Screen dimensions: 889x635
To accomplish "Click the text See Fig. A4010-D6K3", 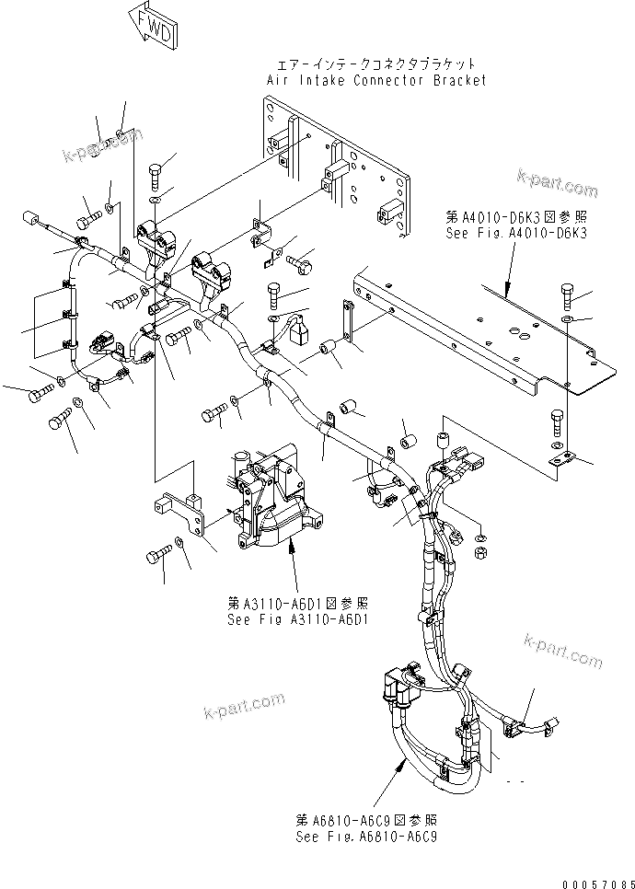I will coord(515,234).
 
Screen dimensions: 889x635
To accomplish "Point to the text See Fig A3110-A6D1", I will coord(298,619).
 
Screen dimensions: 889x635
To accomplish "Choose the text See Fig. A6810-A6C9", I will coord(366,837).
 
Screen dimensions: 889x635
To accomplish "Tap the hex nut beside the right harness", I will coord(479,551).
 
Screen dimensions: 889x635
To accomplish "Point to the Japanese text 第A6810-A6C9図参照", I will coord(366,819).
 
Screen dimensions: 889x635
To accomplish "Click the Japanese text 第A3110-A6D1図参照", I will coord(298,603).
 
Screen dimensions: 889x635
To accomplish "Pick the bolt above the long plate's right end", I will coord(567,297).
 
